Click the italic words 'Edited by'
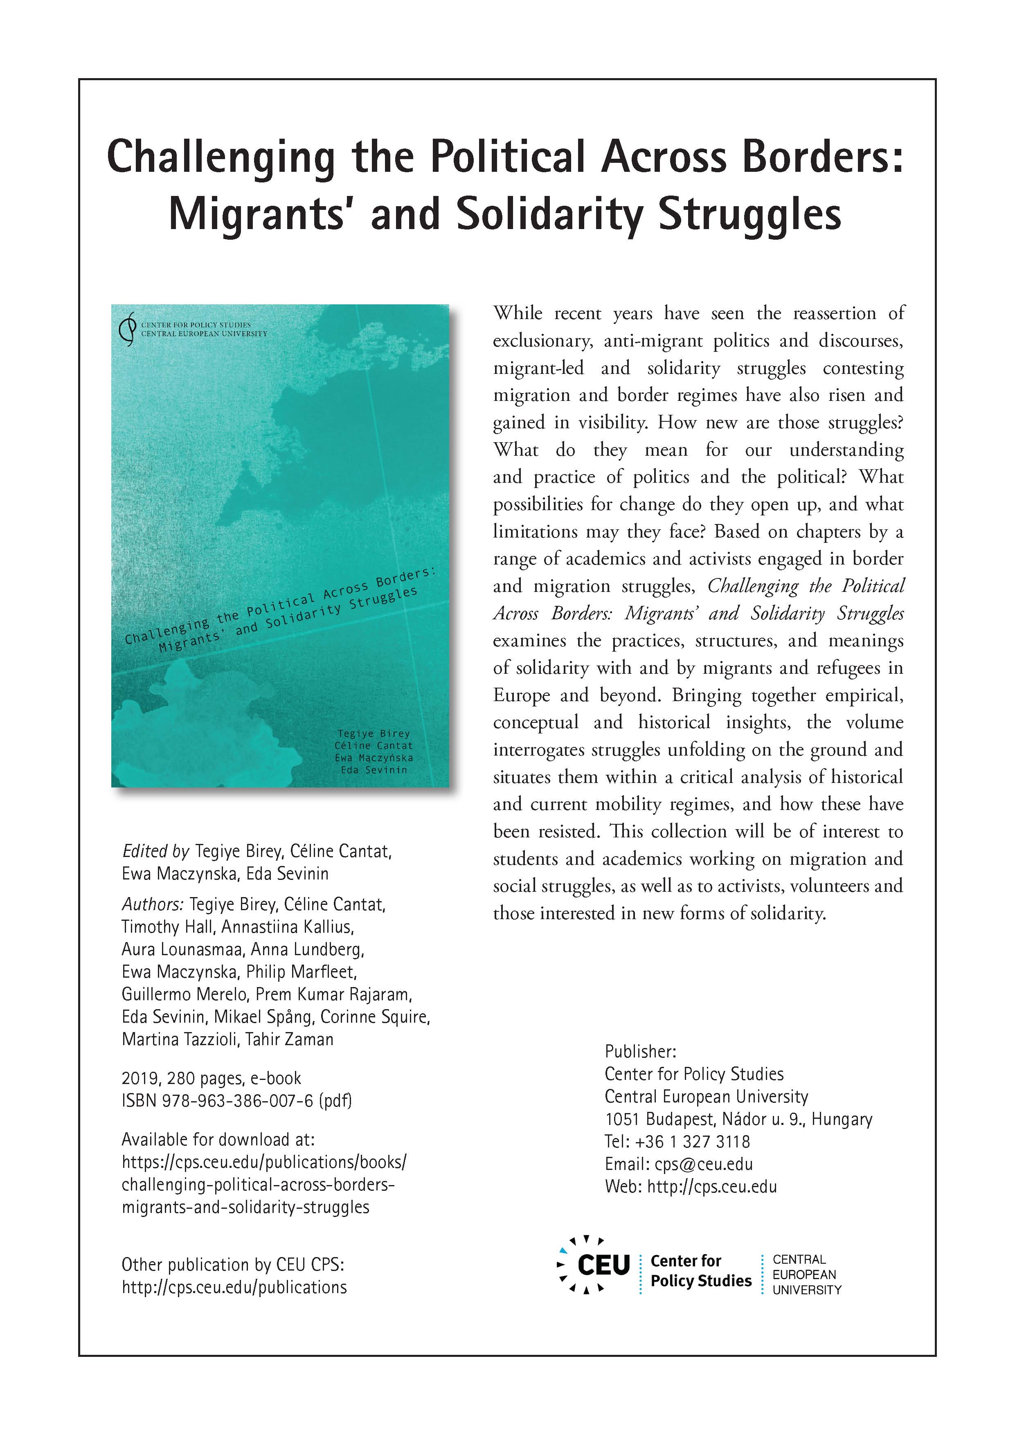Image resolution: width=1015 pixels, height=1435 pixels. pyautogui.click(x=155, y=851)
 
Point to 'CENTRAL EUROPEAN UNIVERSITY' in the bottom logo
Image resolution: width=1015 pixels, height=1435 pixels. pyautogui.click(x=807, y=1274)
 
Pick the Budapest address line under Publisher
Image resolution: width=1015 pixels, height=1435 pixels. pyautogui.click(x=738, y=1119)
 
